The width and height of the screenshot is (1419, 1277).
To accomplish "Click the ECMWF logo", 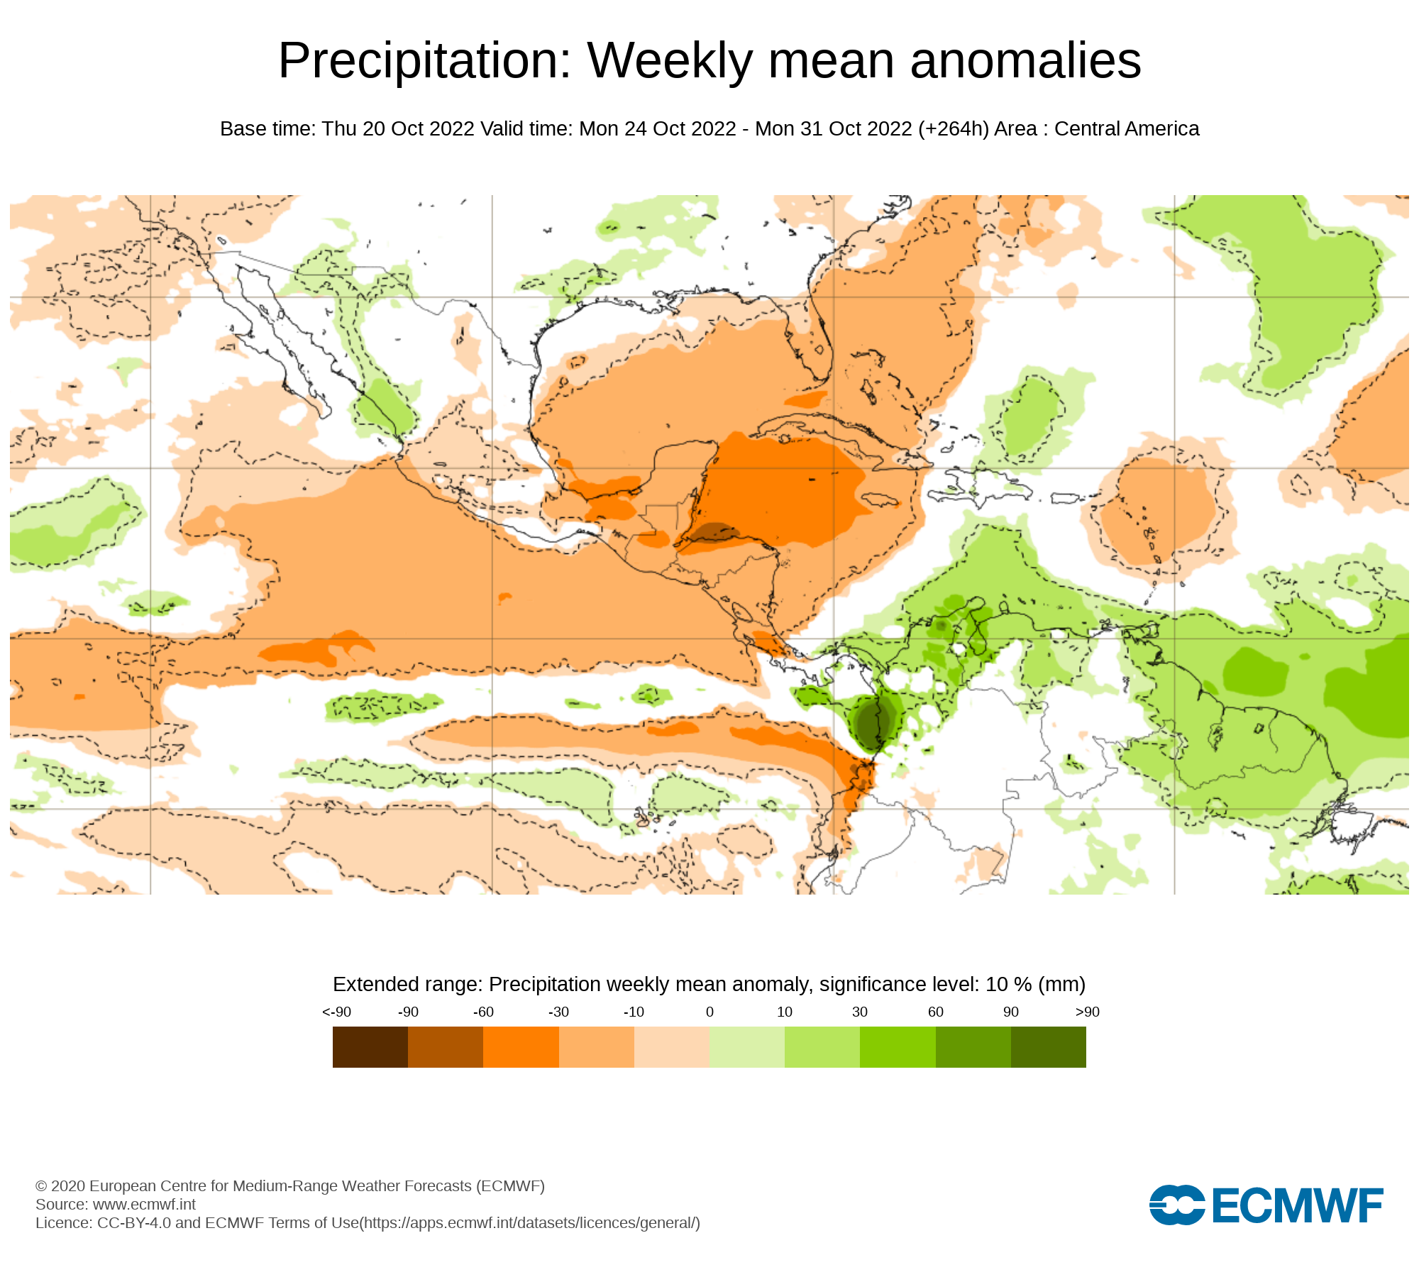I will click(1266, 1205).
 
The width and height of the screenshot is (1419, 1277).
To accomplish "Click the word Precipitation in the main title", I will click(424, 61).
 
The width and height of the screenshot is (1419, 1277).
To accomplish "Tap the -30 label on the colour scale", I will click(558, 1012).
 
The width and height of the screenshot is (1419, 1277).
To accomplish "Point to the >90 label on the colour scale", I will click(1087, 1012).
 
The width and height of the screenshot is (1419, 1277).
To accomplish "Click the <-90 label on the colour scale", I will click(336, 1012).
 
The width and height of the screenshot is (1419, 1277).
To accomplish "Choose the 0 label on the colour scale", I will click(709, 1012).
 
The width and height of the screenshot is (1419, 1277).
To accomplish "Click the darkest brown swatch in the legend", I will click(370, 1047).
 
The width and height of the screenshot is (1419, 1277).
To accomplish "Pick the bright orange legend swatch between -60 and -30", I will click(521, 1047).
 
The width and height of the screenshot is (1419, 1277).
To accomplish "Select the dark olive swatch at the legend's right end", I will click(1049, 1047).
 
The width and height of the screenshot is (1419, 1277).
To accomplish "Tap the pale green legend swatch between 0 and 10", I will click(747, 1047).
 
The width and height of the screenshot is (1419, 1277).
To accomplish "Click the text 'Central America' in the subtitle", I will click(1127, 129).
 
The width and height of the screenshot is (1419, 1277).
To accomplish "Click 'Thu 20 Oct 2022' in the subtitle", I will click(398, 129).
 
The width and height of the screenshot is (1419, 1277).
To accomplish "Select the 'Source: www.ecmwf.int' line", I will click(116, 1204).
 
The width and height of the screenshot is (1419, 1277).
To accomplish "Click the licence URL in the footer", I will click(530, 1222).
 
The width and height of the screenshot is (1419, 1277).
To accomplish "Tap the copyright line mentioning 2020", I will click(290, 1185).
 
